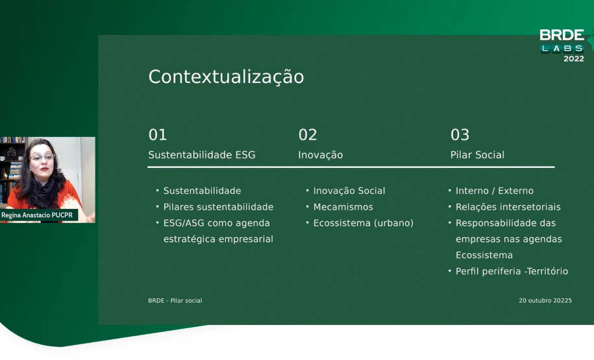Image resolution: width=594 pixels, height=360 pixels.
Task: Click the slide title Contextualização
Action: click(226, 77)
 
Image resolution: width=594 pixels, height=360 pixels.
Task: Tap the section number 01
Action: click(158, 135)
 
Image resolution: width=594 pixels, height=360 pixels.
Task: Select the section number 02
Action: click(308, 135)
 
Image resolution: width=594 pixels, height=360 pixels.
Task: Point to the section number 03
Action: click(460, 135)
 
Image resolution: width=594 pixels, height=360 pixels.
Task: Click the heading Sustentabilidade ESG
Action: click(202, 155)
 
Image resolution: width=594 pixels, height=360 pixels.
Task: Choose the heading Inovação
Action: click(320, 155)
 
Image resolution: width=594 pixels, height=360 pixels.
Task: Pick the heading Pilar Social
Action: click(477, 155)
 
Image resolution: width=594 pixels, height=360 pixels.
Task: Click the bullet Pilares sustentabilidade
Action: click(218, 207)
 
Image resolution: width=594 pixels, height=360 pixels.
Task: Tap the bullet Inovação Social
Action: click(349, 191)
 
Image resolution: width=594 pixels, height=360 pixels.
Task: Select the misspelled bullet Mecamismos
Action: click(343, 207)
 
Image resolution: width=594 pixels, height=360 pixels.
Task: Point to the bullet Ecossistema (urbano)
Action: click(363, 223)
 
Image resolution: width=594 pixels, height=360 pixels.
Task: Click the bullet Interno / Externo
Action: click(494, 191)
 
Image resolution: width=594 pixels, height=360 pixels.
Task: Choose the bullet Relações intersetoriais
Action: click(508, 207)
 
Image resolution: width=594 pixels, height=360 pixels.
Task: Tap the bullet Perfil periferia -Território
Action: click(512, 271)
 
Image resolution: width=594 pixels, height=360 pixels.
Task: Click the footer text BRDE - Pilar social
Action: click(175, 301)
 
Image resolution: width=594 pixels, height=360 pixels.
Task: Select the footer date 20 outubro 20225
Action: click(545, 301)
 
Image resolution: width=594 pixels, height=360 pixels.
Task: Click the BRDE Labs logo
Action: click(562, 40)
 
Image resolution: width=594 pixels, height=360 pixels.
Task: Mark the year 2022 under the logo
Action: click(573, 59)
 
